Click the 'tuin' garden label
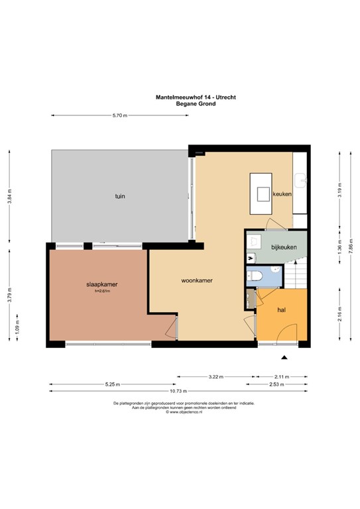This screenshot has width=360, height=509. pos(120,196)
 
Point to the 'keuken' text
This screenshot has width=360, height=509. pos(283,194)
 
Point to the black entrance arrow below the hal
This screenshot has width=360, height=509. pos(284,358)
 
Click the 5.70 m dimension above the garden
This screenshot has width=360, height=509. pos(119,115)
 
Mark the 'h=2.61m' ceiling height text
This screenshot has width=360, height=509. pos(101,291)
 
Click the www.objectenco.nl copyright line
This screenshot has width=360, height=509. pos(179,412)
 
